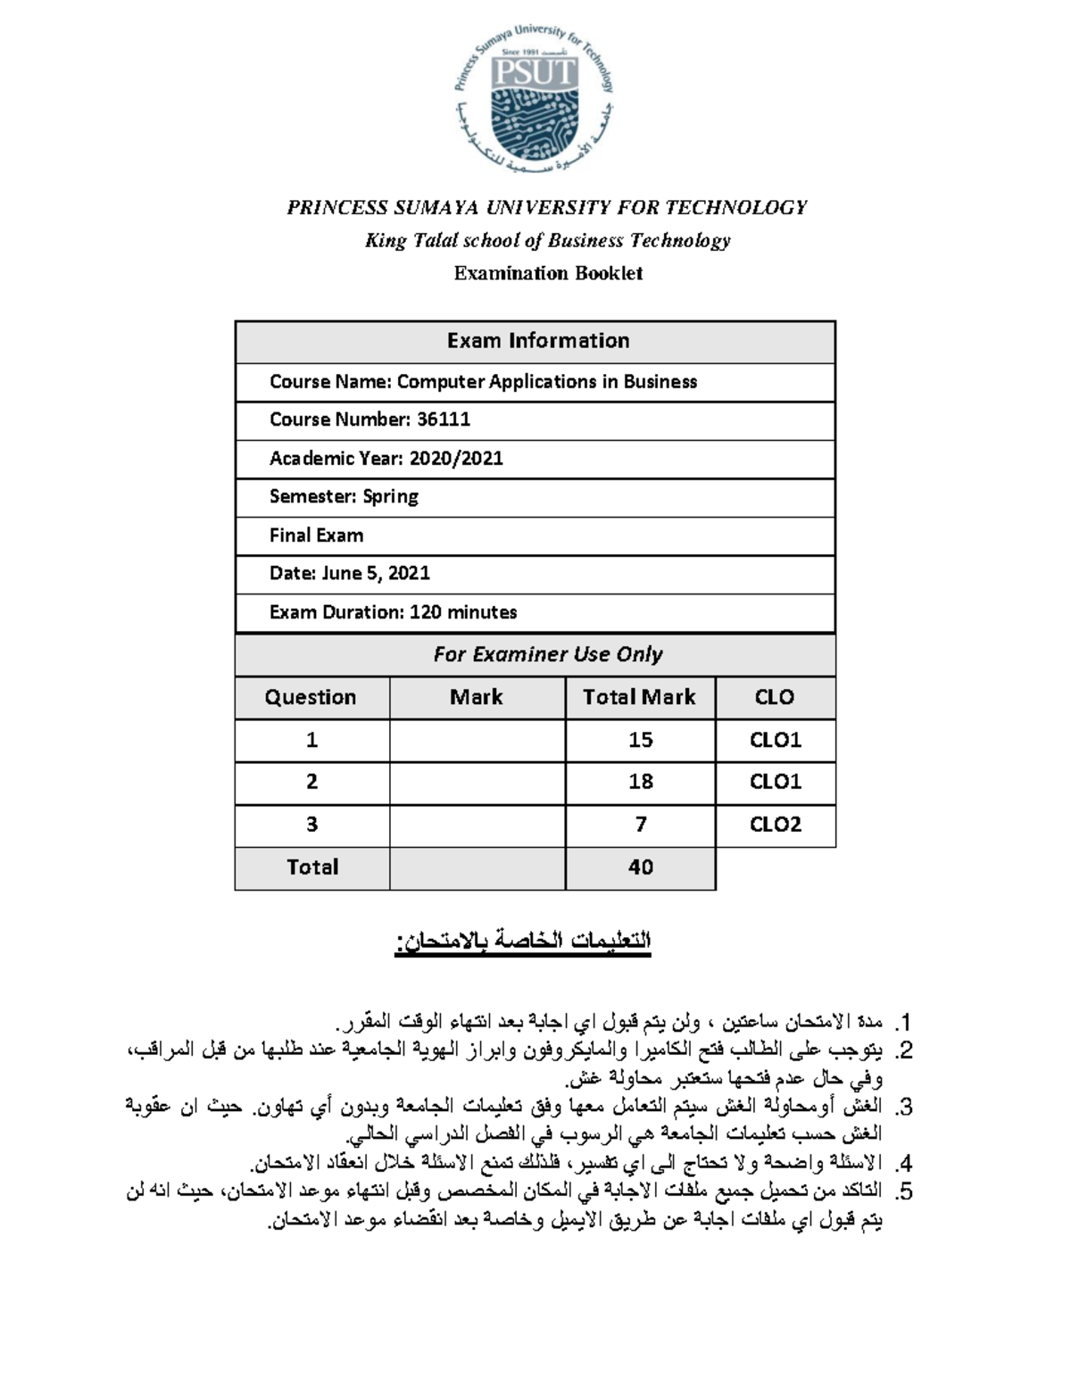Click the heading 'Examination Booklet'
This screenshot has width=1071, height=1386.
pos(548,273)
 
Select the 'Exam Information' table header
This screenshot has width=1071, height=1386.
pos(537,341)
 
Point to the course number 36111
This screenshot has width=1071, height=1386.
pos(444,419)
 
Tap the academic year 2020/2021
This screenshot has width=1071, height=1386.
pos(456,459)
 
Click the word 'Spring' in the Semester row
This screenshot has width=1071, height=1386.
pos(390,497)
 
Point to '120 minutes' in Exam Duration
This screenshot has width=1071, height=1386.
pos(463,612)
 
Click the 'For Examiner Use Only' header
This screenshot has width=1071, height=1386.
pos(547,654)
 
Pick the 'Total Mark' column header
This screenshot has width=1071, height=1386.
pos(639,697)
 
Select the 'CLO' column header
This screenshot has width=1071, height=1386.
pos(774,697)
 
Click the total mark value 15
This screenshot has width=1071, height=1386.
pos(640,740)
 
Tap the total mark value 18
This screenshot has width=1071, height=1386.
pos(640,782)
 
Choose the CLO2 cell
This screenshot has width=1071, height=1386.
pos(775,825)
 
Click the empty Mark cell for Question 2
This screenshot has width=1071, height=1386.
pos(477,782)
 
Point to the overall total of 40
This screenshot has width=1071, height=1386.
pos(640,867)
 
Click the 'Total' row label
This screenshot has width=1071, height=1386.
pos(311,867)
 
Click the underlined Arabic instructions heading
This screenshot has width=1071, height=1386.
pos(523,942)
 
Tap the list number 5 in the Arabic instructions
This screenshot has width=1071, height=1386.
pos(905,1191)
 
